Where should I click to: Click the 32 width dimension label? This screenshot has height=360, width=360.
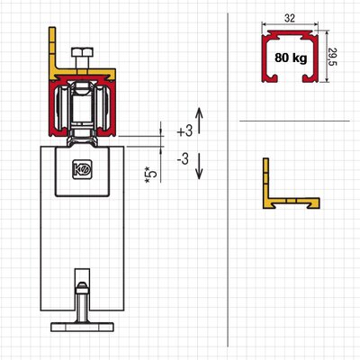[x=290, y=18]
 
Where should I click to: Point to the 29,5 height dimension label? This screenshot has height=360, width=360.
[x=333, y=57]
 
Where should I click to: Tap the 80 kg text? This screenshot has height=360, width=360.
[x=291, y=58]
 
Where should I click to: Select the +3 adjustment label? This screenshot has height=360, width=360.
[x=184, y=131]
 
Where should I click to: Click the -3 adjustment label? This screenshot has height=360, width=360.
[x=183, y=159]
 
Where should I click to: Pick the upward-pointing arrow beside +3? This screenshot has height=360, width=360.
[x=200, y=121]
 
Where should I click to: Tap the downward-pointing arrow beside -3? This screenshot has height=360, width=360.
[x=199, y=166]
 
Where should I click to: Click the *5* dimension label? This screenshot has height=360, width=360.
[x=151, y=175]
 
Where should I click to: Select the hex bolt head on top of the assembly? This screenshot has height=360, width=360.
[x=82, y=52]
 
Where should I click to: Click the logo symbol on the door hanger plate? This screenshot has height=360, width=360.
[x=82, y=170]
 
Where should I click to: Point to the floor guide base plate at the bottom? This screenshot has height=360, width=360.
[x=82, y=327]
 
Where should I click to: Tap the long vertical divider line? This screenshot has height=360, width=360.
[x=228, y=180]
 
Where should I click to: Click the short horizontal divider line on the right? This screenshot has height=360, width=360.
[x=294, y=121]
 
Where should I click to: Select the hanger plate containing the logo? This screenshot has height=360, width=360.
[x=82, y=171]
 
